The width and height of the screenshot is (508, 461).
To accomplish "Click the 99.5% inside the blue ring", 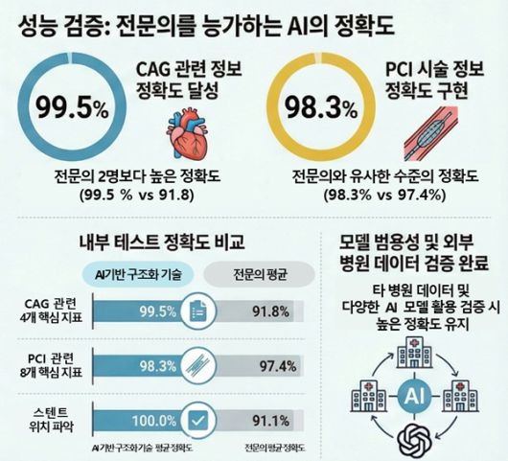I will (72, 106).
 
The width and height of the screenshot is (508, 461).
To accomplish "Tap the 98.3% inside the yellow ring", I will (317, 106).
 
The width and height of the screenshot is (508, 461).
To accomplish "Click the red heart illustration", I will (194, 132).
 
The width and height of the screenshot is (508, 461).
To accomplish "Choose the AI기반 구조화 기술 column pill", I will (143, 274).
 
